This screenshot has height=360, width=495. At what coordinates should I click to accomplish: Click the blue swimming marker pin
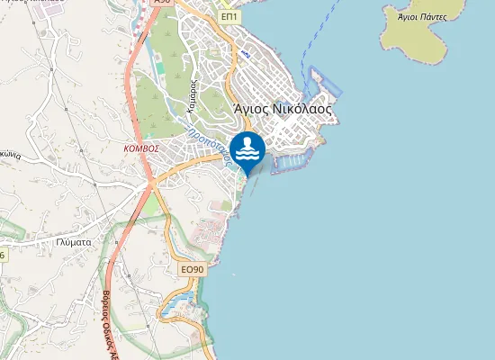coord(247,149)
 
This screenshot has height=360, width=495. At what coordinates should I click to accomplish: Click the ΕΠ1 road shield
coord(230,16)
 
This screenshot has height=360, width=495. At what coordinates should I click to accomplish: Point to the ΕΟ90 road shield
coord(193,269)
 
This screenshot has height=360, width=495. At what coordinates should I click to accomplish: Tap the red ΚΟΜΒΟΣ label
coord(141,148)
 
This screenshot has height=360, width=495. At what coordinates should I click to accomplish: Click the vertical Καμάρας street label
coord(192,94)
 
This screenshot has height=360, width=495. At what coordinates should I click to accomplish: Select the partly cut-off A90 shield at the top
coord(162,3)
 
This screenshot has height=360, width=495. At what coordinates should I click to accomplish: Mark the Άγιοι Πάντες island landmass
coord(423,36)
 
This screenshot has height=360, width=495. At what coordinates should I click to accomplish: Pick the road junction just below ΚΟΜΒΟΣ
coord(150,181)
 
